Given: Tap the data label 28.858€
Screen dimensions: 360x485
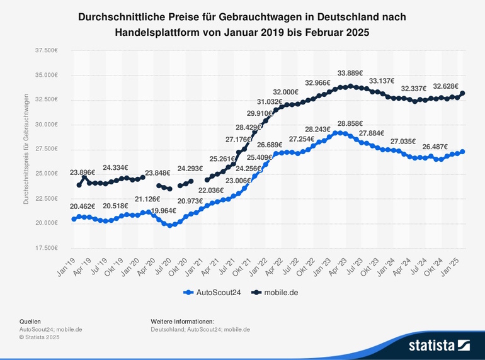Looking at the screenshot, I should click(x=350, y=123).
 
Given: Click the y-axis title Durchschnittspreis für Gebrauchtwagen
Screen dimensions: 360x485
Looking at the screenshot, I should click(x=26, y=150).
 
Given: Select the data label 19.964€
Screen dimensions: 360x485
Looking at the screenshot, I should click(x=163, y=211).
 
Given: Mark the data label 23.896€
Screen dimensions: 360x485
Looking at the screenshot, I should click(x=83, y=172).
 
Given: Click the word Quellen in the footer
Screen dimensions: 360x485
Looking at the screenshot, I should click(x=30, y=322).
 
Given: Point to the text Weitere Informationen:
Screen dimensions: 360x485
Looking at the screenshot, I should click(x=182, y=322).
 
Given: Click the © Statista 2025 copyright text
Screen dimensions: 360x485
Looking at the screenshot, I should click(x=39, y=337).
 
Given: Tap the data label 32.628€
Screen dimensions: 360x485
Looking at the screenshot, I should click(x=445, y=87).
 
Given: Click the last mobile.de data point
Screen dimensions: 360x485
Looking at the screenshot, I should click(x=463, y=93).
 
